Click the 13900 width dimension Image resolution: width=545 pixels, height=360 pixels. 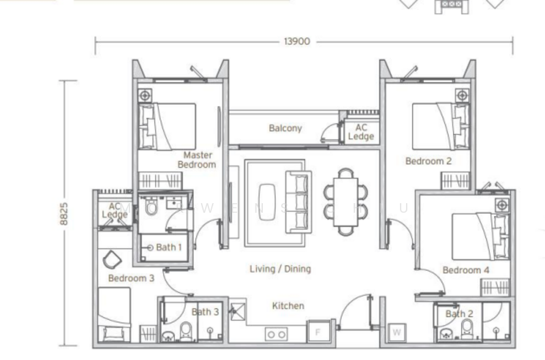296,42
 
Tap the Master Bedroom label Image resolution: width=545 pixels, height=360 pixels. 197,160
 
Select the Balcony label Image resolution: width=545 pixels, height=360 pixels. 285,128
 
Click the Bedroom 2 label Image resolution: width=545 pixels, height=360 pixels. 428,162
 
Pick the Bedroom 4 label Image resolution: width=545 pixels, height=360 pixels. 466,271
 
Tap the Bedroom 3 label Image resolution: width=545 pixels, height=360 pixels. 131,278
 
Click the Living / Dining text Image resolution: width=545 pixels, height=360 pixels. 280,269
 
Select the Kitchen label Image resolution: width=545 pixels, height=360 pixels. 288,306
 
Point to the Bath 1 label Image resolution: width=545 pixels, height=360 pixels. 168,247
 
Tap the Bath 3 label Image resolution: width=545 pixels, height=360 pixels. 205,312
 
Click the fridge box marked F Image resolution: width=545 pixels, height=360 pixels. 317,333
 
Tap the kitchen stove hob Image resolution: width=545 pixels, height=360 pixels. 276,334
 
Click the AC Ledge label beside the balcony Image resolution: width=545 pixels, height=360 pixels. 360,132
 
